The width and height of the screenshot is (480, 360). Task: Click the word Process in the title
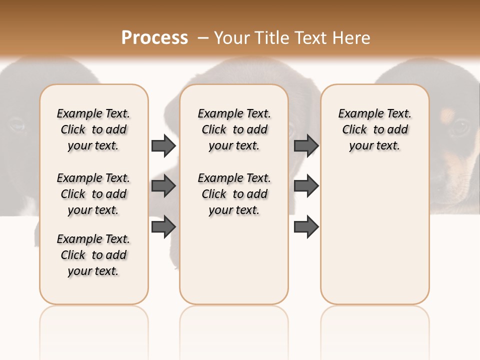coord(154,37)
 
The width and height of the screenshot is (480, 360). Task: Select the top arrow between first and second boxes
coord(163,145)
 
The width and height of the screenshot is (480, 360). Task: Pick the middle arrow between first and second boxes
coord(163,186)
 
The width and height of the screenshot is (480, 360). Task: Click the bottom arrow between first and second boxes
coord(163,226)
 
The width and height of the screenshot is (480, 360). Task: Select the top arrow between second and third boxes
coord(306,145)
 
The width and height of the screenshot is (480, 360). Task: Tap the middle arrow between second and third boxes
coord(306,186)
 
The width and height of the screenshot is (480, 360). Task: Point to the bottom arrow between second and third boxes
coord(306,226)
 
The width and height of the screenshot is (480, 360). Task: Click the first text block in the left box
coord(93,129)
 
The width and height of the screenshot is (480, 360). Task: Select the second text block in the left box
coord(93,194)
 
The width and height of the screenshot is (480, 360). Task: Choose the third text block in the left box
coord(93,255)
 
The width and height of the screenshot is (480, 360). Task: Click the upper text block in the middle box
coord(234,129)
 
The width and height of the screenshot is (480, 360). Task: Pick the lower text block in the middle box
coord(234,194)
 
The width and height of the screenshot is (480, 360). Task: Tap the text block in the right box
coord(374,129)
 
